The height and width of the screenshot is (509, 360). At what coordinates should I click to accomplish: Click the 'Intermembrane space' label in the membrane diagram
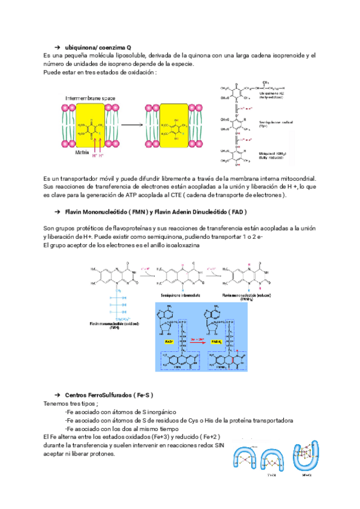pos(91,97)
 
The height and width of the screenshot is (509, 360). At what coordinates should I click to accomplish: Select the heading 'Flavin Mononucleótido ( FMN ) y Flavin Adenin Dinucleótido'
pos(155,212)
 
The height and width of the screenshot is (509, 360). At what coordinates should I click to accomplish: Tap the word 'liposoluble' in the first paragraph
pos(127,56)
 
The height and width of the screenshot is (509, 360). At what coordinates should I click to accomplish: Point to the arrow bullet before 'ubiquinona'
pos(57,47)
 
